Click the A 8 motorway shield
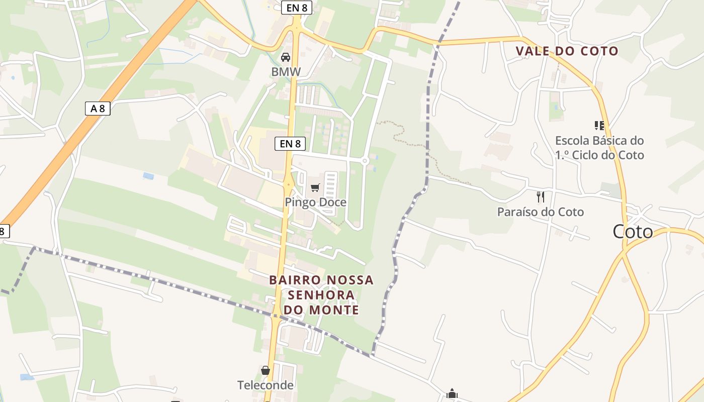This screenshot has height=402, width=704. tap(98, 108)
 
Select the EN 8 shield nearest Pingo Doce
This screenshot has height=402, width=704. tap(290, 144)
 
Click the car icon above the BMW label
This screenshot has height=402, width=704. tap(286, 57)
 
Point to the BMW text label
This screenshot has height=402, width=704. tap(286, 72)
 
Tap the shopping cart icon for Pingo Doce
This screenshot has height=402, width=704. tap(315, 187)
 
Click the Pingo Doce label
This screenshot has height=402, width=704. tap(315, 202)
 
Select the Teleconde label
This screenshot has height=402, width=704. tap(265, 385)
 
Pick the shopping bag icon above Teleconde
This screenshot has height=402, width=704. tap(266, 370)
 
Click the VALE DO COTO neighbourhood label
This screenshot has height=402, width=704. tap(567, 51)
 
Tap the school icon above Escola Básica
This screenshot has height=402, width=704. tap(599, 125)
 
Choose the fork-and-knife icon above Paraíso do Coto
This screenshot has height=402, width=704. tap(541, 196)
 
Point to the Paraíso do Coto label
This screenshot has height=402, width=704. tap(541, 212)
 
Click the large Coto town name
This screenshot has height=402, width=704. tap(633, 232)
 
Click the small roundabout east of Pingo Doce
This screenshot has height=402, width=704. tap(365, 161)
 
